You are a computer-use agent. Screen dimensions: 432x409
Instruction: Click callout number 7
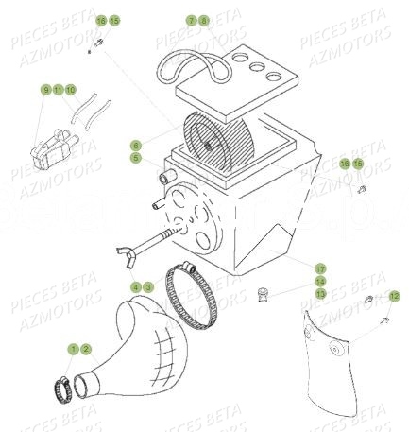[x=191, y=20]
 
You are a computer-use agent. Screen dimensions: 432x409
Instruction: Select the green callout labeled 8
[x=204, y=20]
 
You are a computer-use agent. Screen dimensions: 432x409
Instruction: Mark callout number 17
[x=320, y=268]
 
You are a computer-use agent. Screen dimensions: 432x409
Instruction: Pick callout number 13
[x=320, y=295]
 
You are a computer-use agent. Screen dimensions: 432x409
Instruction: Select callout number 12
[x=395, y=296]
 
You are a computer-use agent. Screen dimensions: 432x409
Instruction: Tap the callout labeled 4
[x=136, y=286]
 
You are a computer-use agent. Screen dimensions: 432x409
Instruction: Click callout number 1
[x=73, y=349]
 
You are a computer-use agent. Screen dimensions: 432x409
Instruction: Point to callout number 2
[x=86, y=349]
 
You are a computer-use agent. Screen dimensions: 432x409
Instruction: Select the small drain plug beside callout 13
[x=265, y=296]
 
